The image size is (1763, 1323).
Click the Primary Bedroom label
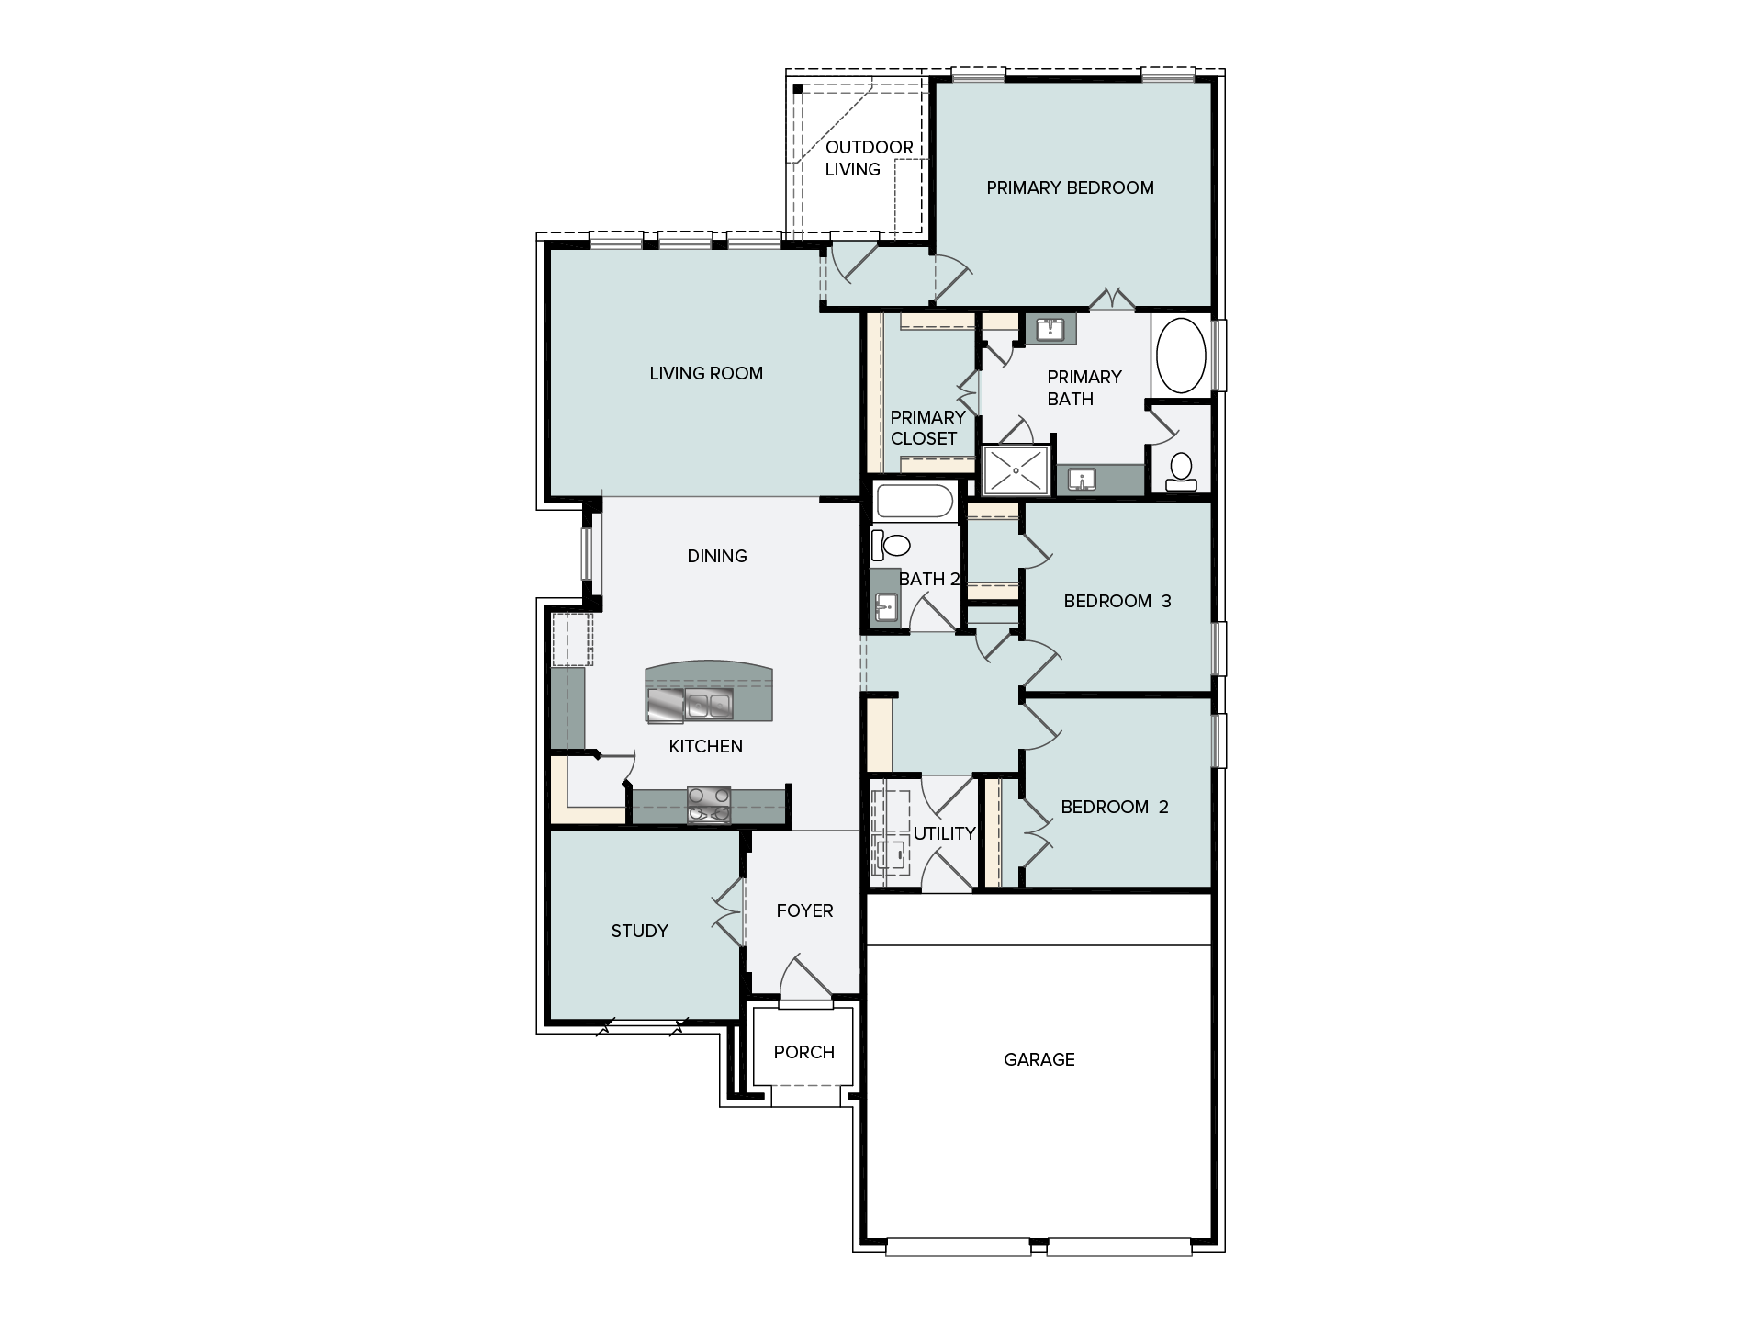coord(1070,188)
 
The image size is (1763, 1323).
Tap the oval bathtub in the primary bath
coord(1181,356)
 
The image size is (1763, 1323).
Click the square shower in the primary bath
coord(1016,470)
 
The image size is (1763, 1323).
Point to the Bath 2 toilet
coord(889,545)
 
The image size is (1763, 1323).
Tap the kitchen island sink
coord(708,706)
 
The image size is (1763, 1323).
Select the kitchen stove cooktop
coord(709,806)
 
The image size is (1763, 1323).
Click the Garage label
coord(1039,1060)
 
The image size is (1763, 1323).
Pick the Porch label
coord(804,1053)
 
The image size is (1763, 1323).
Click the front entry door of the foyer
coord(806,978)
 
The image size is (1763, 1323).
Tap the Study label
coord(640,932)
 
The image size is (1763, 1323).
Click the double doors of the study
coord(728,913)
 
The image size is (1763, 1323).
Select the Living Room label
coord(706,374)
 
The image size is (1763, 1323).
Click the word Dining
coord(717,557)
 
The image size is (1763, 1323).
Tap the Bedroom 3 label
coord(1117,602)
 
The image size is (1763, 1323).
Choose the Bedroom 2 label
coord(1115,808)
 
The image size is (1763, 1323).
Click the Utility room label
coord(944,834)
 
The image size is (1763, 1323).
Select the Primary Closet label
coord(927,428)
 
